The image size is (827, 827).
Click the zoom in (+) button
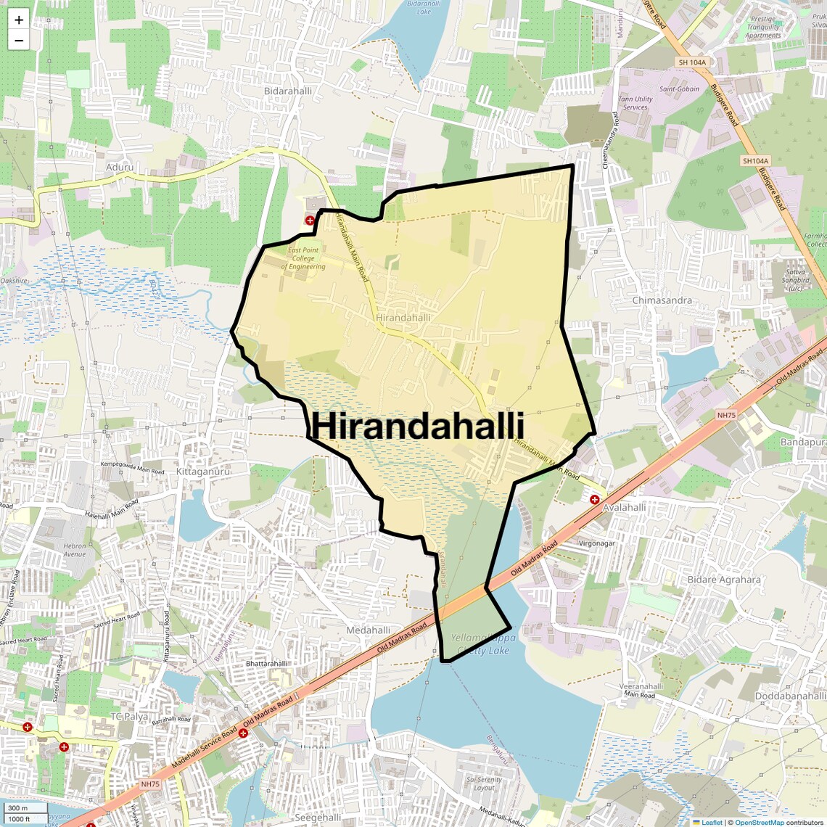coord(19,20)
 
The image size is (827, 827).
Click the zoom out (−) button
coord(19,41)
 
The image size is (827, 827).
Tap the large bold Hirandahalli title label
coord(418,427)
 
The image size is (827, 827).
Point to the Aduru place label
coord(120,167)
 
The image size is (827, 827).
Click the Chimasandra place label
coord(662,300)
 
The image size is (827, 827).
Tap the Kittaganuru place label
coord(202,472)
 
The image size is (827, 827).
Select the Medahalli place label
coord(369,630)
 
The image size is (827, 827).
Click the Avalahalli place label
coord(625,508)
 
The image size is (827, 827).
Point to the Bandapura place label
coord(803,442)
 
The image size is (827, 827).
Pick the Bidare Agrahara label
coord(724,580)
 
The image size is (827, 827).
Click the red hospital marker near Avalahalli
coord(594,499)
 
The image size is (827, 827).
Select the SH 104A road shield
coord(691,62)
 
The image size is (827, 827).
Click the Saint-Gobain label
coord(679,89)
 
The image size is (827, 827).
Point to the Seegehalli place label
coord(318,818)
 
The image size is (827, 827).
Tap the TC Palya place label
coord(128,716)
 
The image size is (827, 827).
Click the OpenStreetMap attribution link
coord(759,822)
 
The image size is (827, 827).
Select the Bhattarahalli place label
coord(267,664)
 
